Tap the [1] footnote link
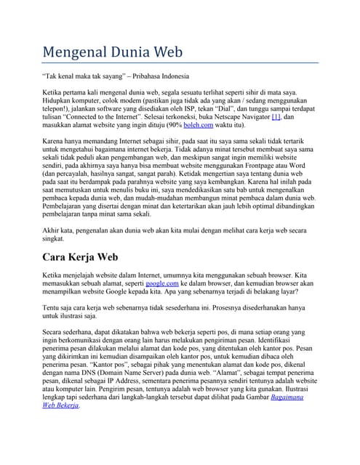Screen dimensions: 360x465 coord(276,116)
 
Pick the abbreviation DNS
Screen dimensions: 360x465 coord(85,371)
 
